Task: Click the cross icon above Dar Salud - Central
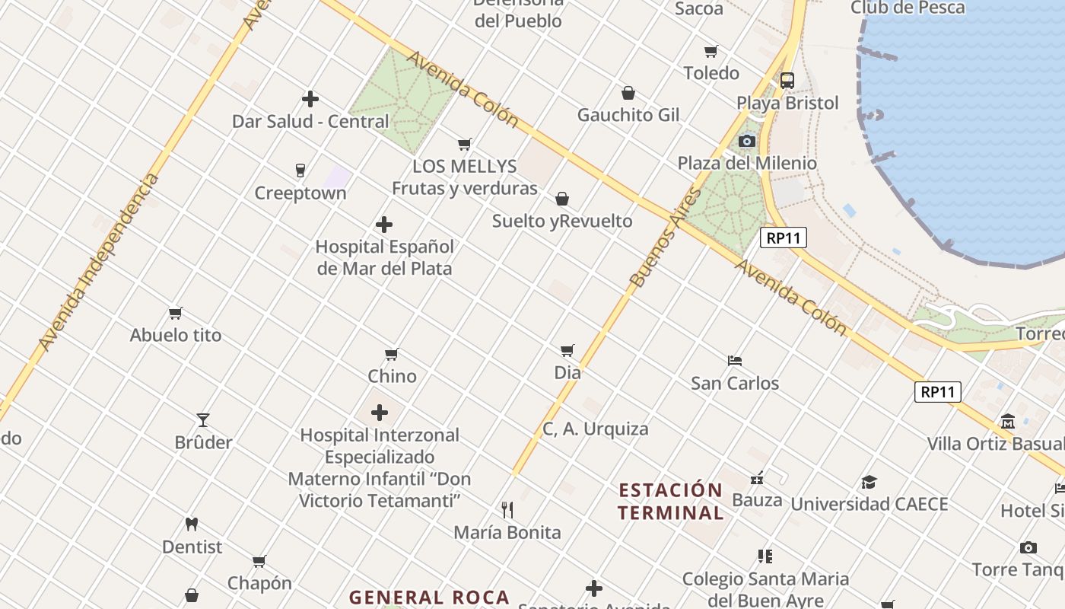310,99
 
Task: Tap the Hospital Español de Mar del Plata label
384,257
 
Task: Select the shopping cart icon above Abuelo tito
176,313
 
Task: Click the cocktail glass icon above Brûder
203,420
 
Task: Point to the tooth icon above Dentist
192,525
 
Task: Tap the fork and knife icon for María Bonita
507,509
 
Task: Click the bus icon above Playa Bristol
787,81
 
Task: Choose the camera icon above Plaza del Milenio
747,141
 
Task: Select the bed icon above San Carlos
735,360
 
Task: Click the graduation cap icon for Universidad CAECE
869,482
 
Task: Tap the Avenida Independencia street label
99,263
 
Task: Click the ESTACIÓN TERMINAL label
670,501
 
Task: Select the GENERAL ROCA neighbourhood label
429,598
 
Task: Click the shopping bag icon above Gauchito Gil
628,93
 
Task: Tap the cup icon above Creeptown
300,171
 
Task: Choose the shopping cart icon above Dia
567,350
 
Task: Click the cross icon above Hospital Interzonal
380,413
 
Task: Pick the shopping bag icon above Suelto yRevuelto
562,199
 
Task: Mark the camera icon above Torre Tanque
1028,547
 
